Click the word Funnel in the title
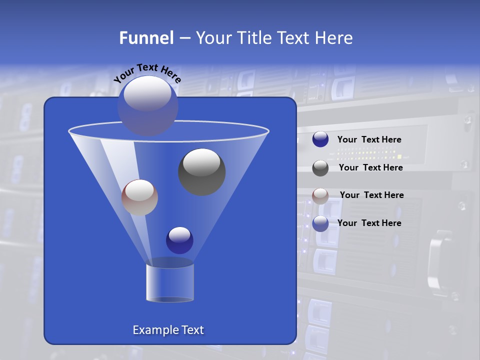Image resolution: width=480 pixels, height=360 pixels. [146, 38]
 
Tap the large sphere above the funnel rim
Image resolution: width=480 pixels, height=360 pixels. [147, 105]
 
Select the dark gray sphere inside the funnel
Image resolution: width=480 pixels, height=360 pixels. [202, 172]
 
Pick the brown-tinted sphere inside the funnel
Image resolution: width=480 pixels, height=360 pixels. [139, 197]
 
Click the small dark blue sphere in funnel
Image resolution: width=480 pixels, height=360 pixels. [179, 240]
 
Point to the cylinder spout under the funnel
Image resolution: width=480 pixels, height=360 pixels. [170, 283]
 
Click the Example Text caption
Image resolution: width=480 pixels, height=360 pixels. [168, 330]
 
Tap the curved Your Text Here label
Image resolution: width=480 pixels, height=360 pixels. [147, 73]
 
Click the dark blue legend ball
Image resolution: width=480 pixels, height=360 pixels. [320, 139]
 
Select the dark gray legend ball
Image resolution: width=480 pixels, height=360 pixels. [320, 168]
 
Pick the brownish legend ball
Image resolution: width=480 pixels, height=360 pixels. [320, 196]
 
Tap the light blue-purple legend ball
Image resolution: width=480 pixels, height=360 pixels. [320, 223]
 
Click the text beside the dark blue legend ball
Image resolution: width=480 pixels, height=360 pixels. [369, 140]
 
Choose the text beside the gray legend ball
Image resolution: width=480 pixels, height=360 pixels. [370, 168]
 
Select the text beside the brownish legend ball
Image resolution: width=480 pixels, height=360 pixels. [371, 195]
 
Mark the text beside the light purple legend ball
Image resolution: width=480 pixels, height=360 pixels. [369, 223]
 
